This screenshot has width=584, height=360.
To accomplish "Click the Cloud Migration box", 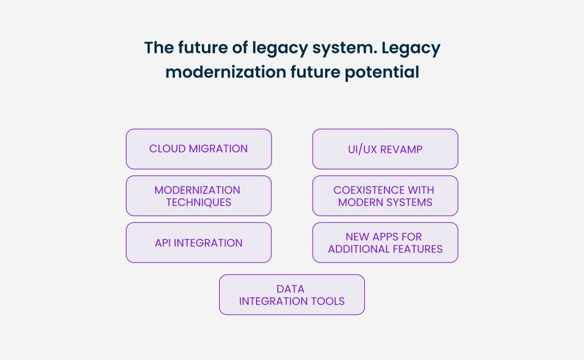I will [x=198, y=149].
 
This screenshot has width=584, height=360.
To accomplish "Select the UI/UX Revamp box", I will [x=385, y=149].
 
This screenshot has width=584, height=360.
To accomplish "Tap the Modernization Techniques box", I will [x=198, y=196].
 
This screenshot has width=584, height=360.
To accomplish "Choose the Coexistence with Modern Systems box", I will [x=385, y=196].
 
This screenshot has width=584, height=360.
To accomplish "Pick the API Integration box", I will [x=198, y=242].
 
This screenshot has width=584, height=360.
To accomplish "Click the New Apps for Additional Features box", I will [x=385, y=242].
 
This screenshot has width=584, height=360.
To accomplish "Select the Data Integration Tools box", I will [x=291, y=295].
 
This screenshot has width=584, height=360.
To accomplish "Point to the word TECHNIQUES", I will [x=198, y=202].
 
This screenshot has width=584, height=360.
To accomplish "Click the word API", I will [x=163, y=242].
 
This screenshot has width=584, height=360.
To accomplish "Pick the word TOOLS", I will [x=327, y=301].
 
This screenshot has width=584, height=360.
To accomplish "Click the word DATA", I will [x=290, y=289].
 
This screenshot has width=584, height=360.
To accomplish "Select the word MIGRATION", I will [x=217, y=149].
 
